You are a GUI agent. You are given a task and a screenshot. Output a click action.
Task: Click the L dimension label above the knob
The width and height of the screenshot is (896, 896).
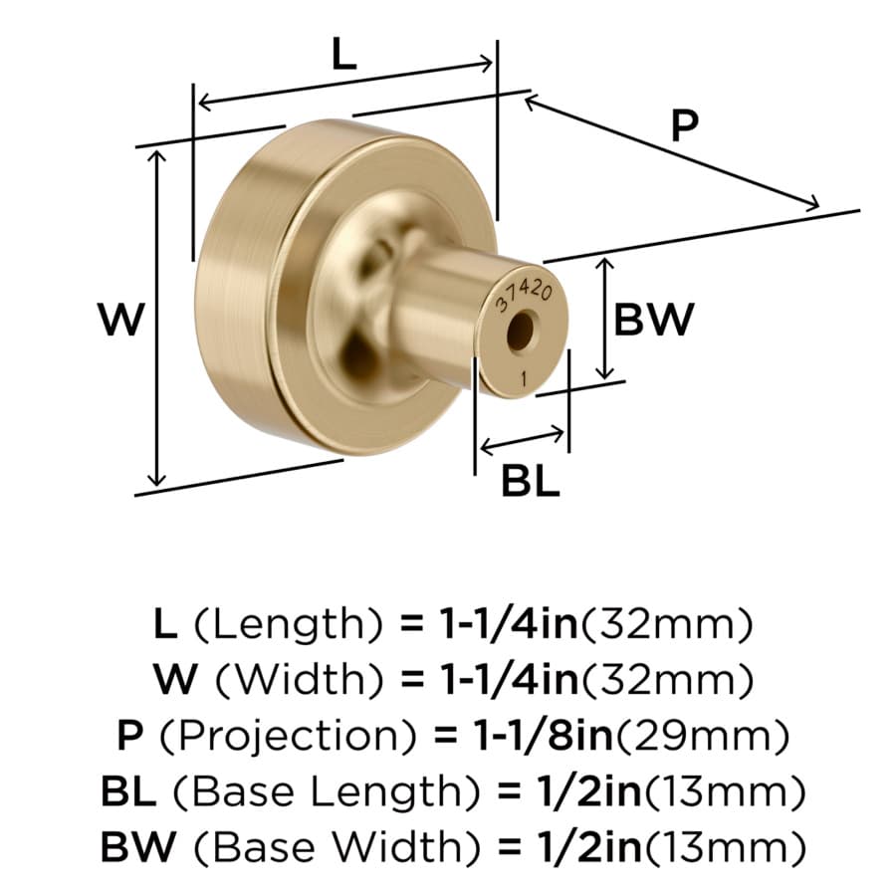pos(344,56)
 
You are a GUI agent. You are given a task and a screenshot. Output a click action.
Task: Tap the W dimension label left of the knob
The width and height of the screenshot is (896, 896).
pos(121,320)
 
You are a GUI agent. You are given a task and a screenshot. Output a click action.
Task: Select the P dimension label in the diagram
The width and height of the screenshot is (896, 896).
pos(685,125)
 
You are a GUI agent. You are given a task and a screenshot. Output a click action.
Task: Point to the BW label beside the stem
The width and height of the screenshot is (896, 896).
pos(654,320)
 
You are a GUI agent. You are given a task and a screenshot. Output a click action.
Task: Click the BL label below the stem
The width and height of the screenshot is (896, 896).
pos(531,481)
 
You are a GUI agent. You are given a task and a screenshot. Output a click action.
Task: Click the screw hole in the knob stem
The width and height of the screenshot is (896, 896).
pos(520,331)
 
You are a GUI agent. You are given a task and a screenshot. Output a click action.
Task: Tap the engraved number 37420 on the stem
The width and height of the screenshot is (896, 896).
pos(524,297)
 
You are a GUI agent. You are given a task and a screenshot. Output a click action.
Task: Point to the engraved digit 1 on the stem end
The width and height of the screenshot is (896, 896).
pos(525,378)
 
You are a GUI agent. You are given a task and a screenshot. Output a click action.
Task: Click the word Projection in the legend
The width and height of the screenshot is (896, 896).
pos(288,736)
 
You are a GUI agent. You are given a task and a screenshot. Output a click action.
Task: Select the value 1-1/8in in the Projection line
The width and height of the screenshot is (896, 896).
pos(544,736)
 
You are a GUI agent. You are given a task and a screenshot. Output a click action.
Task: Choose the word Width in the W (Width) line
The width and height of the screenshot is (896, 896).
pos(300,679)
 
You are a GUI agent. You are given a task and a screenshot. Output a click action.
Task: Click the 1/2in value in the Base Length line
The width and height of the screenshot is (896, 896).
pos(589,791)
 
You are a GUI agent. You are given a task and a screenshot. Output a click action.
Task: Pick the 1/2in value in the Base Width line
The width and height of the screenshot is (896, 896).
pos(589,847)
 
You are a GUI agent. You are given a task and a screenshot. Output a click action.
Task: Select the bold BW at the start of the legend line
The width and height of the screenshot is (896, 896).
pos(138,847)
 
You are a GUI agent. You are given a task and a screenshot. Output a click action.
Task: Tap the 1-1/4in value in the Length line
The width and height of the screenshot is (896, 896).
pos(509,623)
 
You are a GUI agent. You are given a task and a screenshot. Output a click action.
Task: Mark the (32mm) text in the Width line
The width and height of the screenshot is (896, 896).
pos(666,679)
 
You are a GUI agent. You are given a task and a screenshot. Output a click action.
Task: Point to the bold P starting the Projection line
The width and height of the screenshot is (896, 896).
pos(129,736)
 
